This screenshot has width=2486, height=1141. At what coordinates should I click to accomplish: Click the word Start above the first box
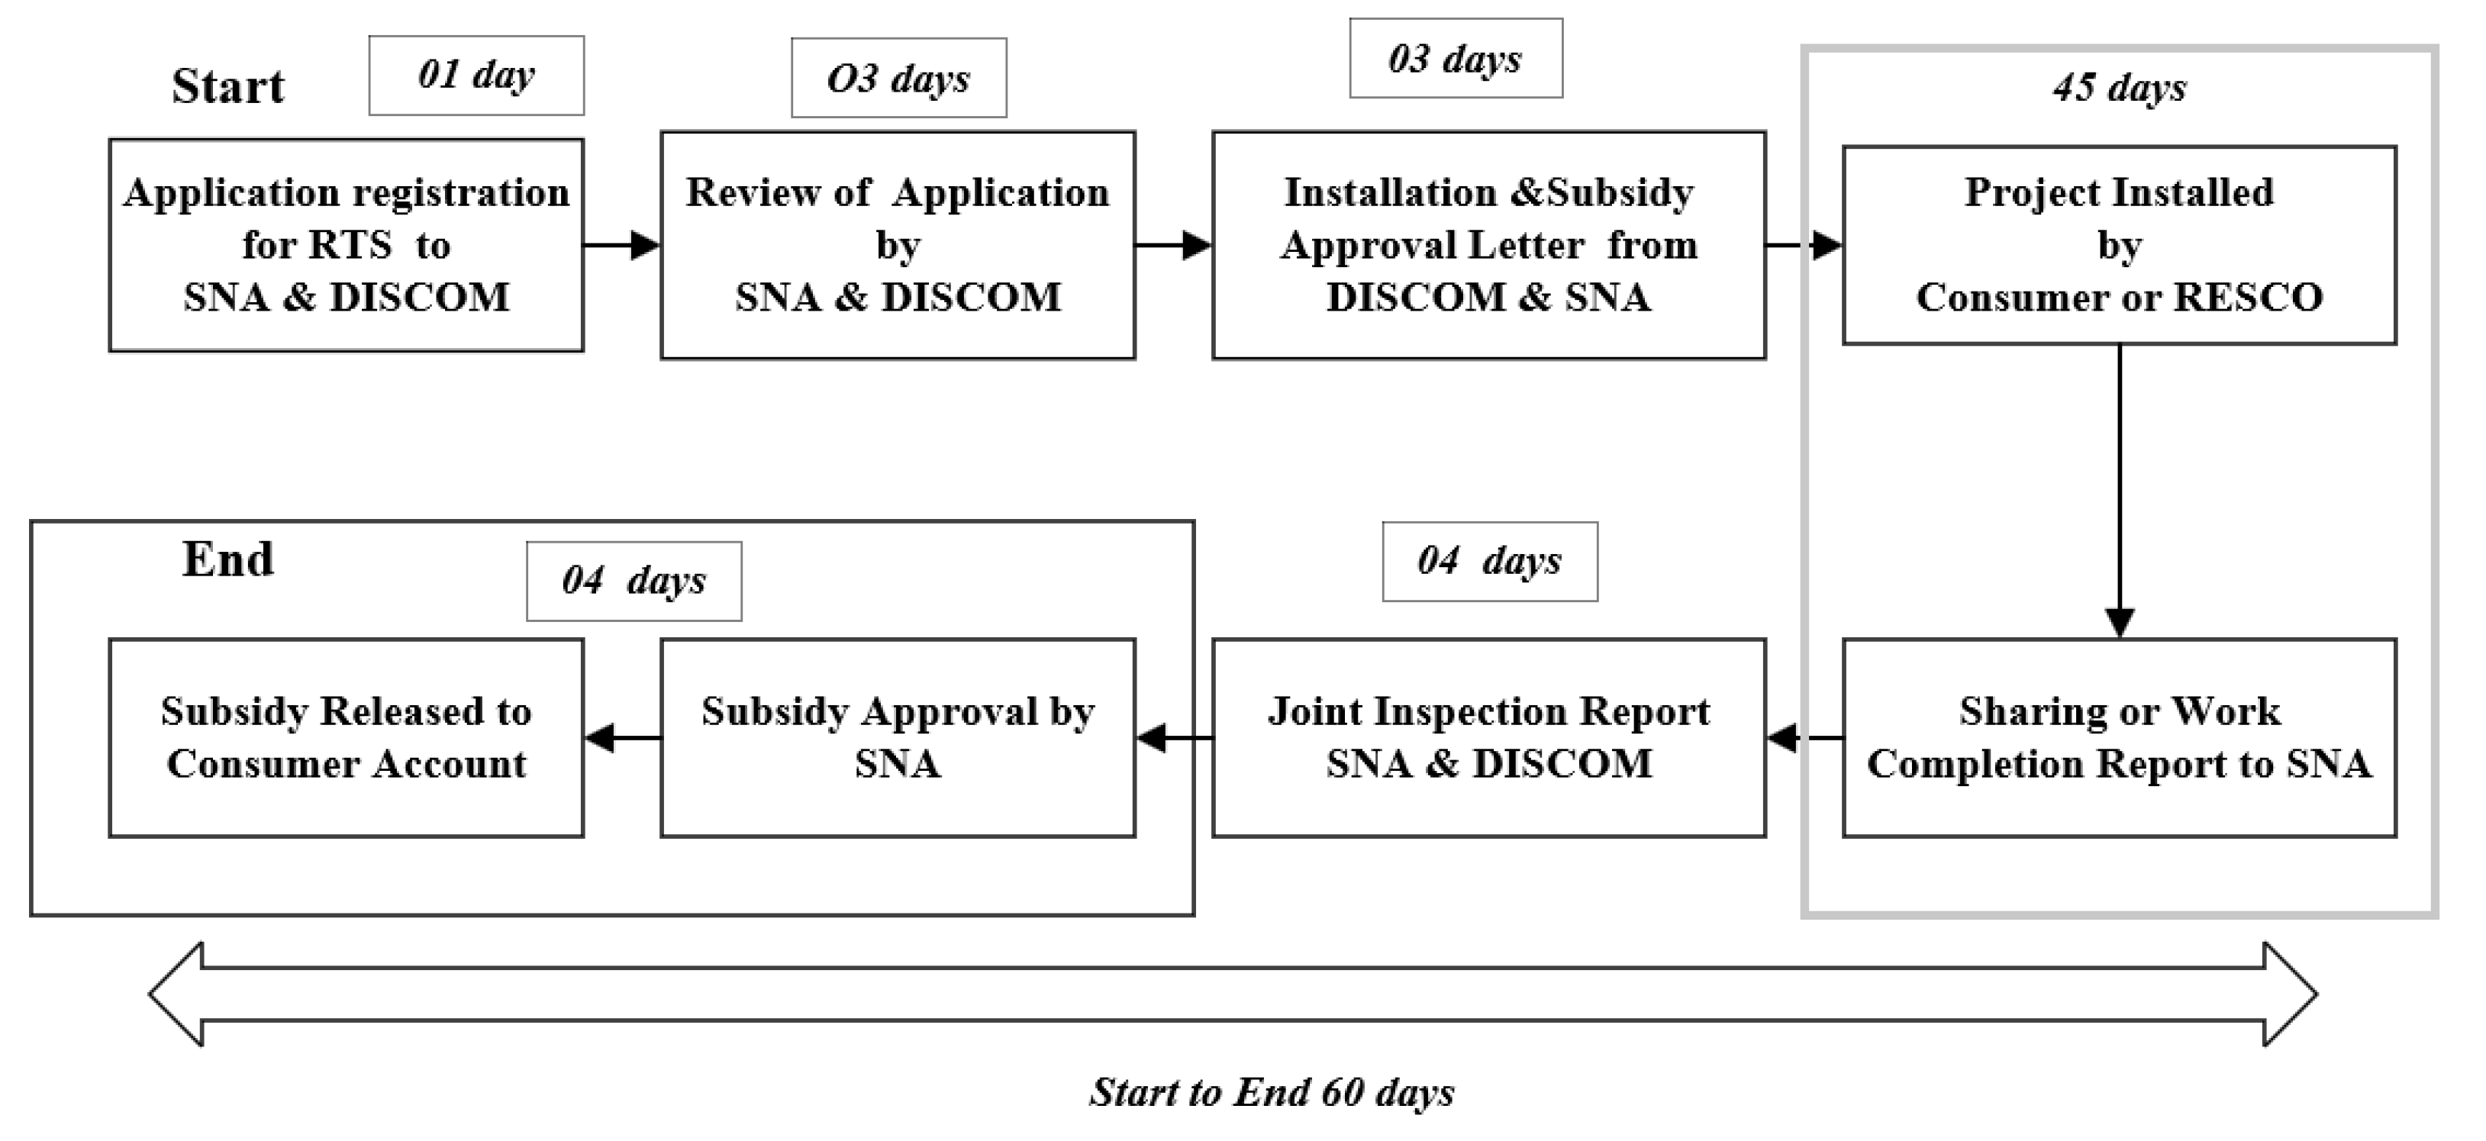(229, 87)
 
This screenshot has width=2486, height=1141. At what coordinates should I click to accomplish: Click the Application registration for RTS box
(346, 245)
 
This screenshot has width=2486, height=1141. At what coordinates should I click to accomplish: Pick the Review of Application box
(898, 245)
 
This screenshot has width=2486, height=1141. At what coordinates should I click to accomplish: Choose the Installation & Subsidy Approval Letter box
(1488, 245)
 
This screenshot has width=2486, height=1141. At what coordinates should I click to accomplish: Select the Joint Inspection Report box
(1488, 737)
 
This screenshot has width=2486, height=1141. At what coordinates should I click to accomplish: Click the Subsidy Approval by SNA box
(898, 737)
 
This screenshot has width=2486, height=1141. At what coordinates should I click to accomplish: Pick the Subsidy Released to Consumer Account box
(346, 737)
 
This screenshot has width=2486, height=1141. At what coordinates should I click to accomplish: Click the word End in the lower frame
(229, 560)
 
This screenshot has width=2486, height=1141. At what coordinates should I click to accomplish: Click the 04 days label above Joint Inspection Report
(1489, 562)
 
